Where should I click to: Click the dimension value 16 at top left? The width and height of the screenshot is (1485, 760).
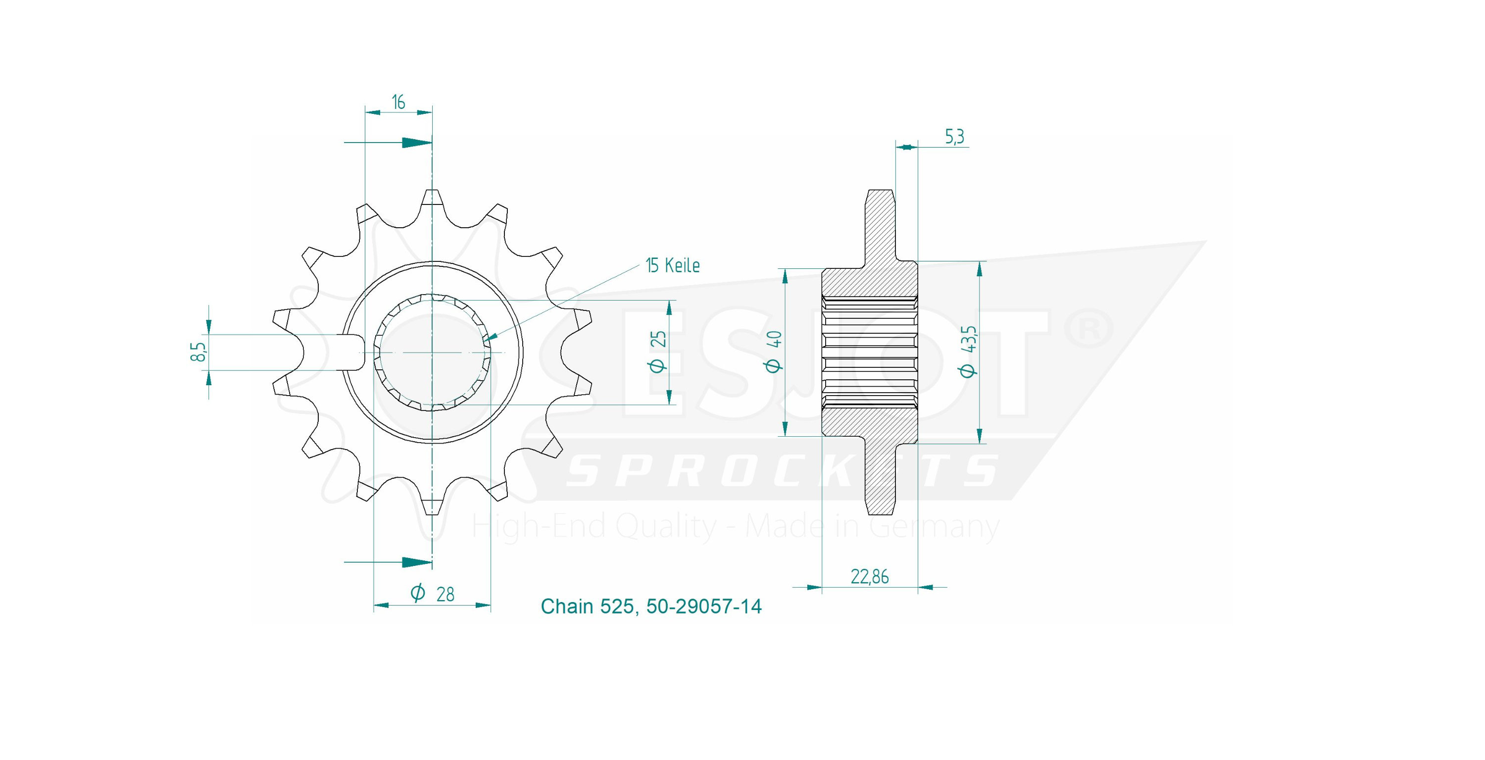(398, 102)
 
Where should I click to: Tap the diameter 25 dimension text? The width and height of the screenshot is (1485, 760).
(658, 352)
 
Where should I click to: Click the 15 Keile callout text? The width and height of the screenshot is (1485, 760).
(673, 265)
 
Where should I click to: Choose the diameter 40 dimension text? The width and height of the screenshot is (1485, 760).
(774, 351)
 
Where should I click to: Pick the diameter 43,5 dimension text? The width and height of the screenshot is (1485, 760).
(969, 351)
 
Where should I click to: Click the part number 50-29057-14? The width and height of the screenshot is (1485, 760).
(704, 606)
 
